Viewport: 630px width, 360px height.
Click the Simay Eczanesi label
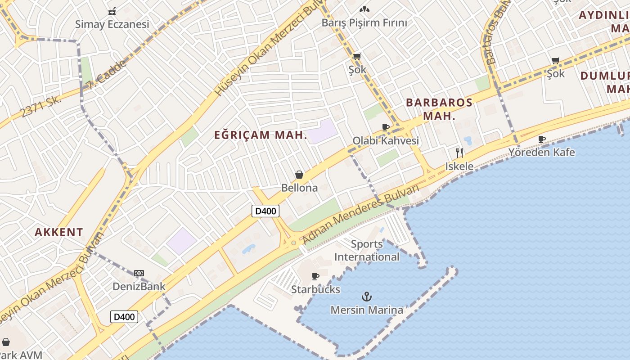pyautogui.click(x=112, y=24)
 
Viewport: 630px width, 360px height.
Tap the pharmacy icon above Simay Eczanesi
pyautogui.click(x=112, y=11)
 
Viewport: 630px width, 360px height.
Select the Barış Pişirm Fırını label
pyautogui.click(x=364, y=22)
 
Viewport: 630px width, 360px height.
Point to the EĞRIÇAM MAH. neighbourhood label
pyautogui.click(x=261, y=135)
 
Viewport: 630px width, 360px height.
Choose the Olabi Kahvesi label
pyautogui.click(x=386, y=140)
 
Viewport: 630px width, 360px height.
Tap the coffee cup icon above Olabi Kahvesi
pyautogui.click(x=386, y=128)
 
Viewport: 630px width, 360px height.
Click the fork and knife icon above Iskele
pyautogui.click(x=459, y=153)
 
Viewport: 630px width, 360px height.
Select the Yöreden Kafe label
pyautogui.click(x=541, y=152)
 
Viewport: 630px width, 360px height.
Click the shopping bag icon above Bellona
pyautogui.click(x=299, y=175)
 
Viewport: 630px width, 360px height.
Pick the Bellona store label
pyautogui.click(x=299, y=188)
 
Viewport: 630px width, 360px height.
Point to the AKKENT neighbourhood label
pyautogui.click(x=59, y=232)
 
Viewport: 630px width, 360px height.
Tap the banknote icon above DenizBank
pyautogui.click(x=139, y=273)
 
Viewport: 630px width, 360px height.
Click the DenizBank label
pyautogui.click(x=139, y=286)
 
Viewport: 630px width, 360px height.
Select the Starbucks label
pyautogui.click(x=315, y=289)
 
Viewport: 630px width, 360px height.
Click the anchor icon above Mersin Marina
pyautogui.click(x=367, y=297)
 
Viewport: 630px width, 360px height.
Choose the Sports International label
pyautogui.click(x=367, y=251)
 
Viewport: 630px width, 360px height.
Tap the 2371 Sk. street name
pyautogui.click(x=41, y=106)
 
